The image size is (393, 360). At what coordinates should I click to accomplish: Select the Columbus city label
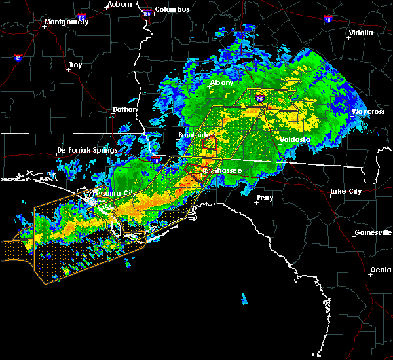click(173, 9)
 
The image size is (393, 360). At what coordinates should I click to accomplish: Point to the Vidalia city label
click(361, 33)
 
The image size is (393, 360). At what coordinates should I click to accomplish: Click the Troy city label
click(75, 65)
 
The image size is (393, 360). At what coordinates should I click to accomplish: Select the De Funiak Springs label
click(86, 150)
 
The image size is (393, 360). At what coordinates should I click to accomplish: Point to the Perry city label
click(265, 197)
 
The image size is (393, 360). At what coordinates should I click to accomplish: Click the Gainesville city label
click(373, 232)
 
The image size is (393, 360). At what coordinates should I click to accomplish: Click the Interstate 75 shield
click(260, 98)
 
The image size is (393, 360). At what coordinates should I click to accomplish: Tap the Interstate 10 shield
click(155, 158)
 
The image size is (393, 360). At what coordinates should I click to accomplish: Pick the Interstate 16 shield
click(327, 20)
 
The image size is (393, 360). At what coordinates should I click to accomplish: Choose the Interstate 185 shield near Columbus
click(147, 13)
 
